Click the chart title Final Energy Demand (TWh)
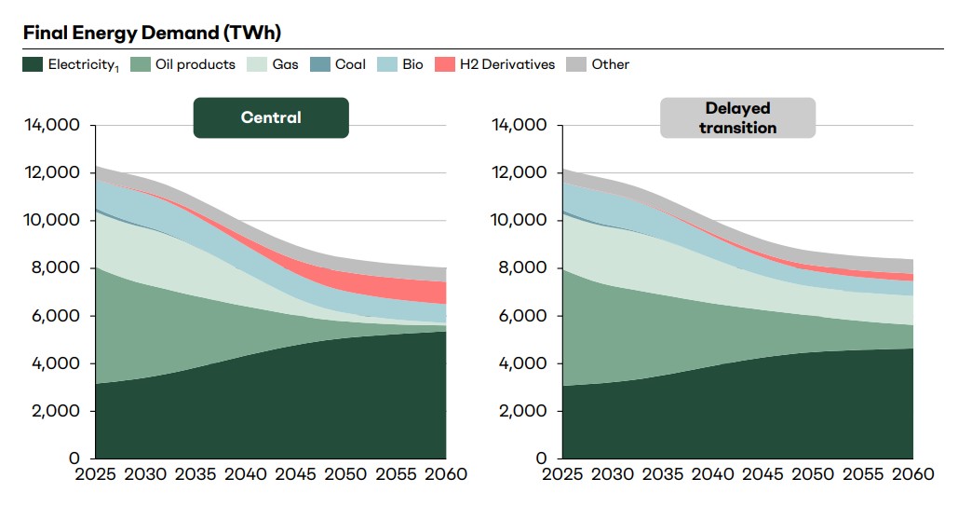(x=152, y=33)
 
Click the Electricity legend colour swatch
(x=33, y=64)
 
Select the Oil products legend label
(x=195, y=64)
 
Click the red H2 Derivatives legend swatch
(x=446, y=64)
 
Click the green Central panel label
(x=271, y=117)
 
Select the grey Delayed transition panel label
(x=737, y=118)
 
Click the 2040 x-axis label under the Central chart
(x=246, y=474)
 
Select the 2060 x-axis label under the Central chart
(x=444, y=474)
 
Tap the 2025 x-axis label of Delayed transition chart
(x=562, y=474)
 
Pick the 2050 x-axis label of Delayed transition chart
(x=812, y=474)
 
